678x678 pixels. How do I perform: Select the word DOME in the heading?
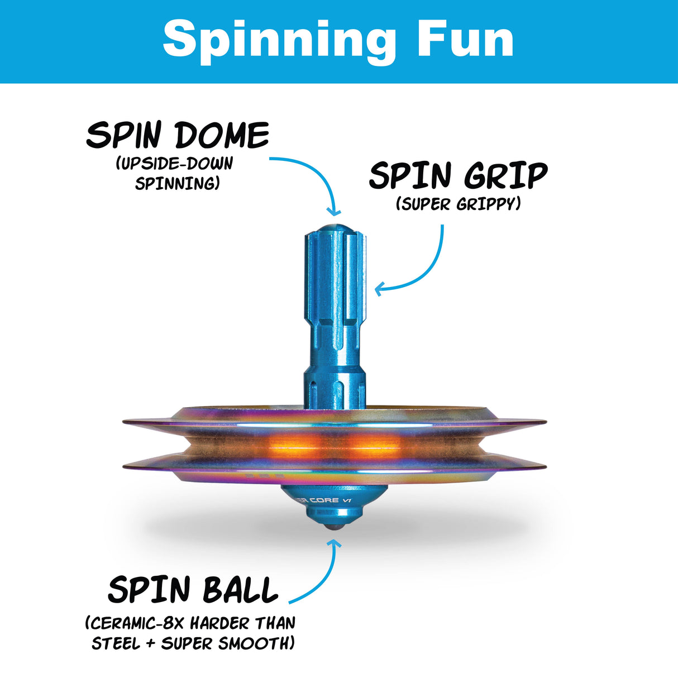click(222, 136)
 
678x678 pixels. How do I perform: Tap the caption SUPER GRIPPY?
click(459, 204)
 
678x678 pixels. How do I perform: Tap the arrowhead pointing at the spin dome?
click(335, 211)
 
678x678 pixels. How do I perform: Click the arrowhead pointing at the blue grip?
click(380, 289)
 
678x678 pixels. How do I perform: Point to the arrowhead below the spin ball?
click(334, 543)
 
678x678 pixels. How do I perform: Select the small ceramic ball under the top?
click(333, 527)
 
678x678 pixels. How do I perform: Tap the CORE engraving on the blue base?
click(324, 500)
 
